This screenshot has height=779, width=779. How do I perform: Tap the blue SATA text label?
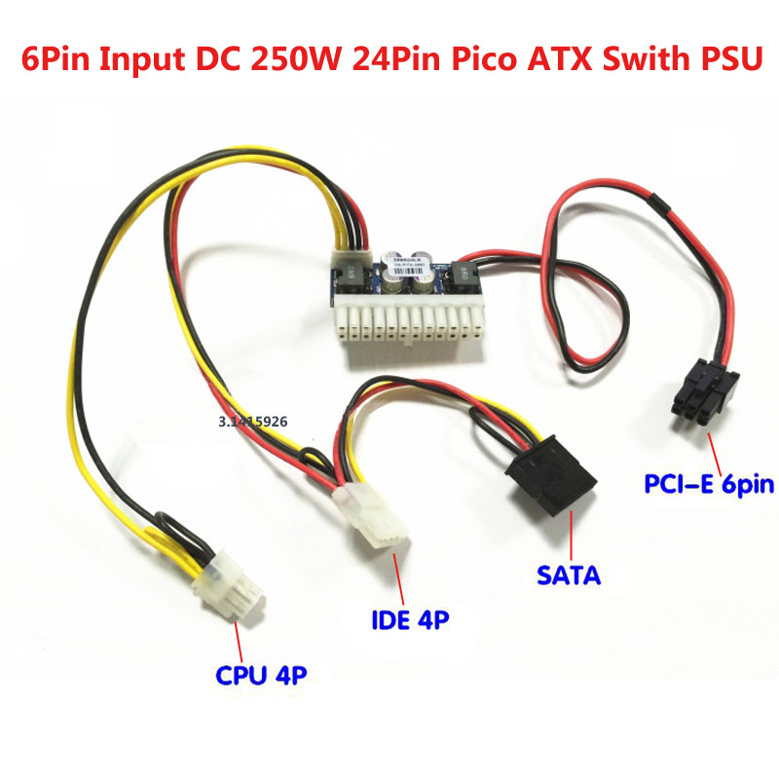569,575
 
